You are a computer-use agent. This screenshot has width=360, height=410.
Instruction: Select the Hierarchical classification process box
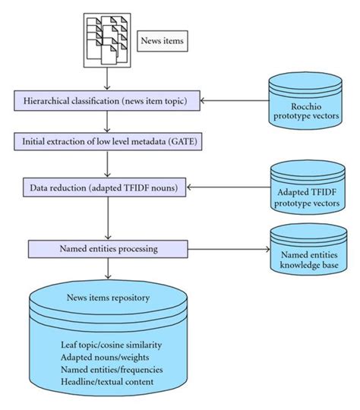107,100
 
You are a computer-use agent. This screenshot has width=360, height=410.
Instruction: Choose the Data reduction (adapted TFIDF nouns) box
107,186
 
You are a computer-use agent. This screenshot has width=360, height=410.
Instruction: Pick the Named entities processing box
107,248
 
